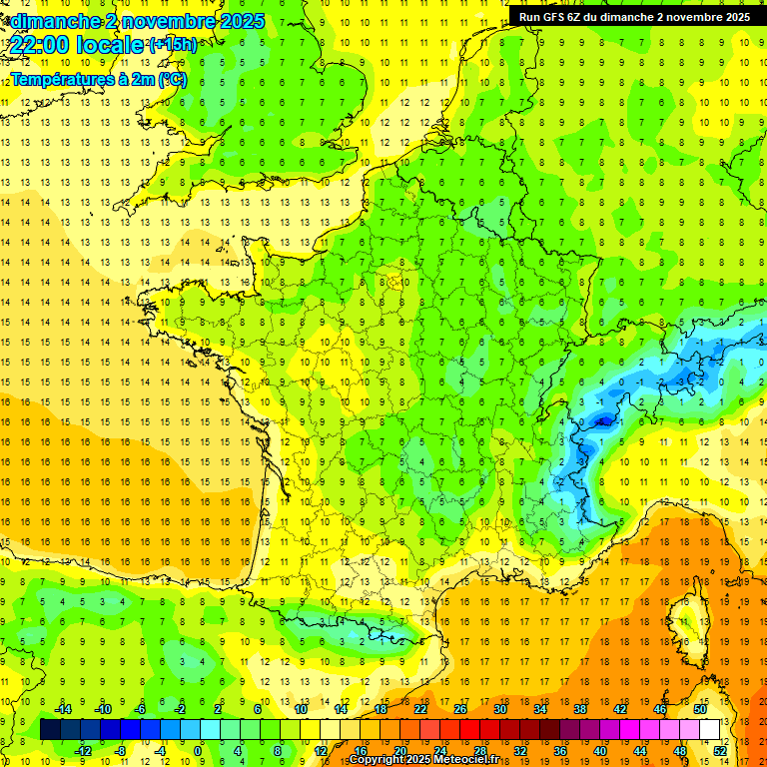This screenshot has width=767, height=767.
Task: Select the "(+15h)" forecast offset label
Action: point(172,44)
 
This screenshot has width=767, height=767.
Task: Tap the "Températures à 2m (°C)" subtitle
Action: point(98,79)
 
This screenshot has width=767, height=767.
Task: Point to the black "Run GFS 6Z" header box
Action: point(635,16)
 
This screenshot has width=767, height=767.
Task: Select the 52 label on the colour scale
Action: point(720,750)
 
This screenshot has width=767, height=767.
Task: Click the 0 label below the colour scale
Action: point(198,750)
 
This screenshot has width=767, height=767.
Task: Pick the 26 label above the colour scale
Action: point(460,708)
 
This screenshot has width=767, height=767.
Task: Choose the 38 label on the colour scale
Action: point(579,708)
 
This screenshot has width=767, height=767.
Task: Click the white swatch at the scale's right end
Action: point(710,729)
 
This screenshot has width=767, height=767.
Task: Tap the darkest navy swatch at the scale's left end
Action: point(50,729)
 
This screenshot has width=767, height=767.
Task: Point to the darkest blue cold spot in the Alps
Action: point(602,421)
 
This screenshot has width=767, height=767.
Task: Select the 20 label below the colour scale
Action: point(399,750)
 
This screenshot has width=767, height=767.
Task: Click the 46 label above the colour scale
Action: point(659,708)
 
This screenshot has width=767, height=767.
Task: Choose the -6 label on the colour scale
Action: point(141,708)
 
